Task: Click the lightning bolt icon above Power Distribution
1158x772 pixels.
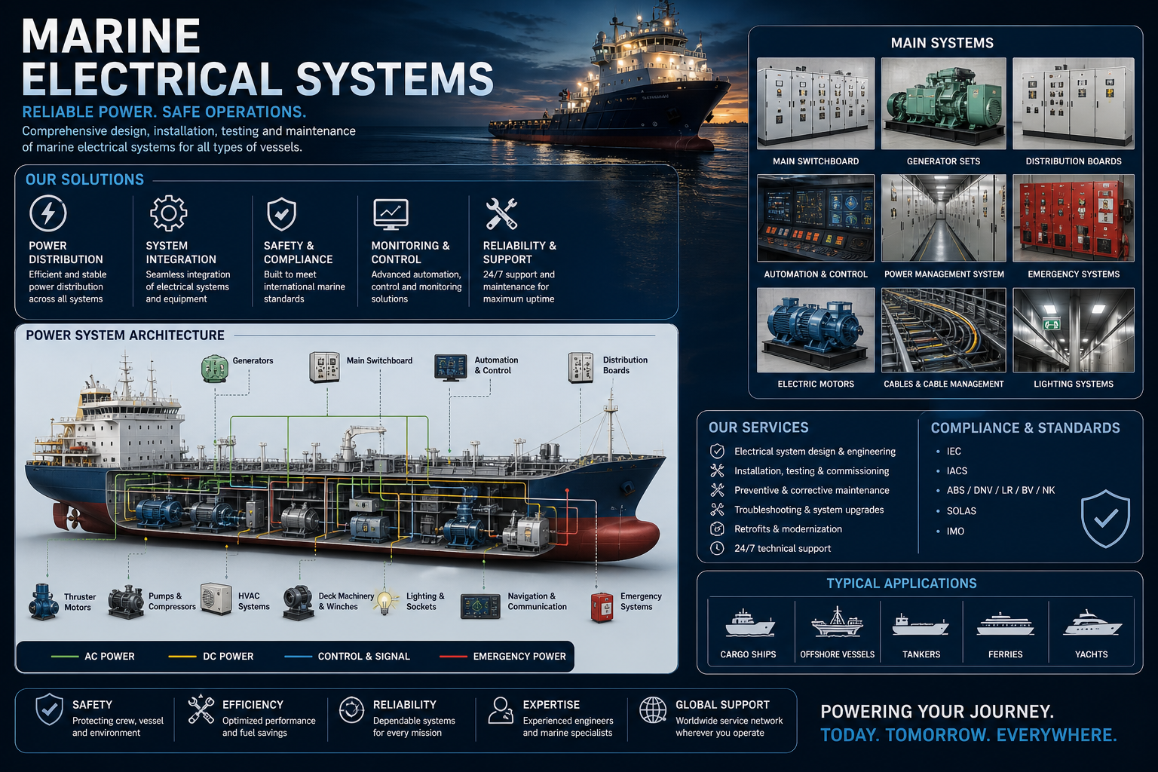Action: point(48,213)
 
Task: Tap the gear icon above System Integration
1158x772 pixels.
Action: point(168,213)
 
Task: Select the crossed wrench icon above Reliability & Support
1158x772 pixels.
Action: point(501,213)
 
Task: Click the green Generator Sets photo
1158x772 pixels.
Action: point(943,103)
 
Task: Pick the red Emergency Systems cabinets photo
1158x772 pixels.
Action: point(1074,218)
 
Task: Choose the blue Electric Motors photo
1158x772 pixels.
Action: point(816,330)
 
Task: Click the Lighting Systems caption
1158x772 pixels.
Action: point(1074,384)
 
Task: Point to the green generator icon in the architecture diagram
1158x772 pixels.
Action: point(215,369)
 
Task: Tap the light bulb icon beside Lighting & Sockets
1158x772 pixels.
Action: point(385,602)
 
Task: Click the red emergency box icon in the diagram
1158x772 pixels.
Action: point(602,607)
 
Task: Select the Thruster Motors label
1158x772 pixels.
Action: point(80,602)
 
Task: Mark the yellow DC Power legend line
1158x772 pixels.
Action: point(182,657)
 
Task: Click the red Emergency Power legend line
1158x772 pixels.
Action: point(453,657)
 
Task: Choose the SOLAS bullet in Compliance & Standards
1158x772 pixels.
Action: point(961,511)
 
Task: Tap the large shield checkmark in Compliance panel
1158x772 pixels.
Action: point(1105,519)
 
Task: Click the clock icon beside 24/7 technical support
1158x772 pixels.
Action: point(717,548)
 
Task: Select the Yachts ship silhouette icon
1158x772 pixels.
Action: point(1092,623)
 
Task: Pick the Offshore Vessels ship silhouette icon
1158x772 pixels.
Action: point(837,622)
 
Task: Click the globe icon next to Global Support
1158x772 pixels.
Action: point(653,710)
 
